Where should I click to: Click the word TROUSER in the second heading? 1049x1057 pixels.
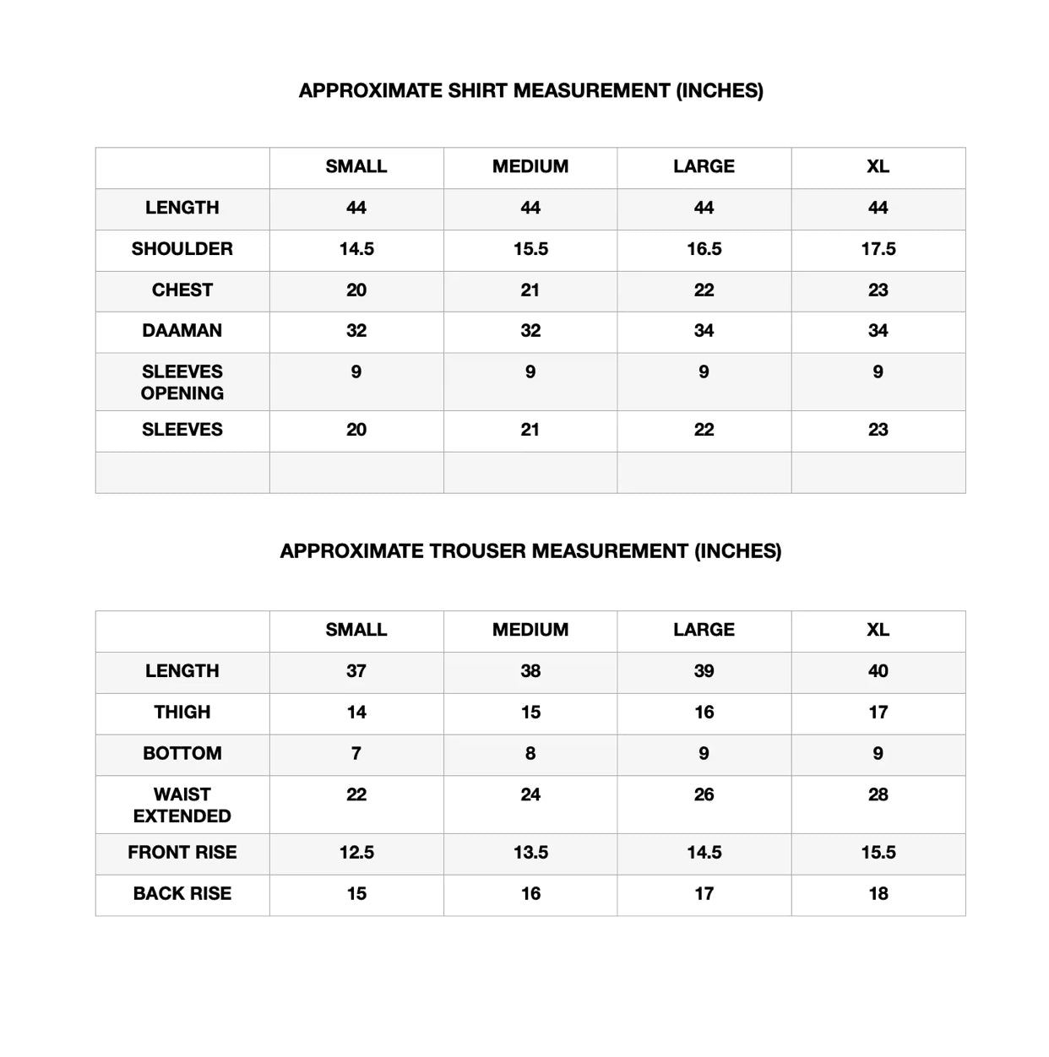474,551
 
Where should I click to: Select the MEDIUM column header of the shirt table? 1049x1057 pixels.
530,166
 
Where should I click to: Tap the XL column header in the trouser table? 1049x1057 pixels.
878,630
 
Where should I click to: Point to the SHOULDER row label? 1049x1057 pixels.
182,249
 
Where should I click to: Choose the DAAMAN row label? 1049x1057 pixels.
182,331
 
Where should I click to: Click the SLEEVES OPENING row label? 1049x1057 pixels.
182,382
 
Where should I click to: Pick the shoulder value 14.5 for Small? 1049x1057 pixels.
356,249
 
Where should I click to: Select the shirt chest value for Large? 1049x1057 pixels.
704,290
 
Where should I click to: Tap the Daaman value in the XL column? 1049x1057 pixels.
878,331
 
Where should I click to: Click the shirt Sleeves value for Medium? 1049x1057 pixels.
530,430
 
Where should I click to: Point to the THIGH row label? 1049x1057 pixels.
182,713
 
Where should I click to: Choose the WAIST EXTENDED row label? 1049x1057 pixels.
182,805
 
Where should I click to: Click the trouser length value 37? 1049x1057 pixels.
356,671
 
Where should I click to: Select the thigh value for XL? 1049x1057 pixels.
878,713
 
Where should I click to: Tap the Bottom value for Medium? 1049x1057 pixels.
530,753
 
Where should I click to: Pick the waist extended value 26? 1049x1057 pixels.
704,794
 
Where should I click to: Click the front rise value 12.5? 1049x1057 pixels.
356,853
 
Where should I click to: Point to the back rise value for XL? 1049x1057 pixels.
878,894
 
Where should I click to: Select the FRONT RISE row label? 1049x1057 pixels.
182,853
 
